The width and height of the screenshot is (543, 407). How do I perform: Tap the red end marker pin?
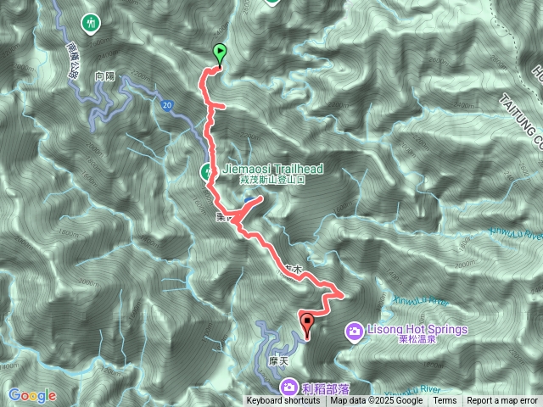(306, 322)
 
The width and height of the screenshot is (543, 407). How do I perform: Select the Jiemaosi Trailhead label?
(271, 170)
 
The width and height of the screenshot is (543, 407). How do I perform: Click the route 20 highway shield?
(167, 103)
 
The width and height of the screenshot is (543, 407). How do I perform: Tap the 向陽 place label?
(105, 75)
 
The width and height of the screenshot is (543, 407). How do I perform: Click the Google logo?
(32, 395)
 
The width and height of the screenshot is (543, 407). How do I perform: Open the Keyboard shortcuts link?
(283, 401)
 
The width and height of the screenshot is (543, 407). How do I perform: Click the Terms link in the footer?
(445, 401)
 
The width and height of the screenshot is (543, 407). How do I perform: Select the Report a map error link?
(503, 401)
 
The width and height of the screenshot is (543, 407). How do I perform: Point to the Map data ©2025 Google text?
(376, 401)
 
